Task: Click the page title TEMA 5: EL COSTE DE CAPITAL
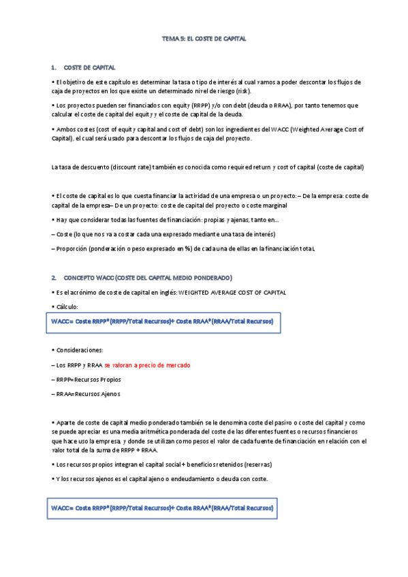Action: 204,39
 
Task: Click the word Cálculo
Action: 68,307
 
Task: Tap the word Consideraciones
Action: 79,350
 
